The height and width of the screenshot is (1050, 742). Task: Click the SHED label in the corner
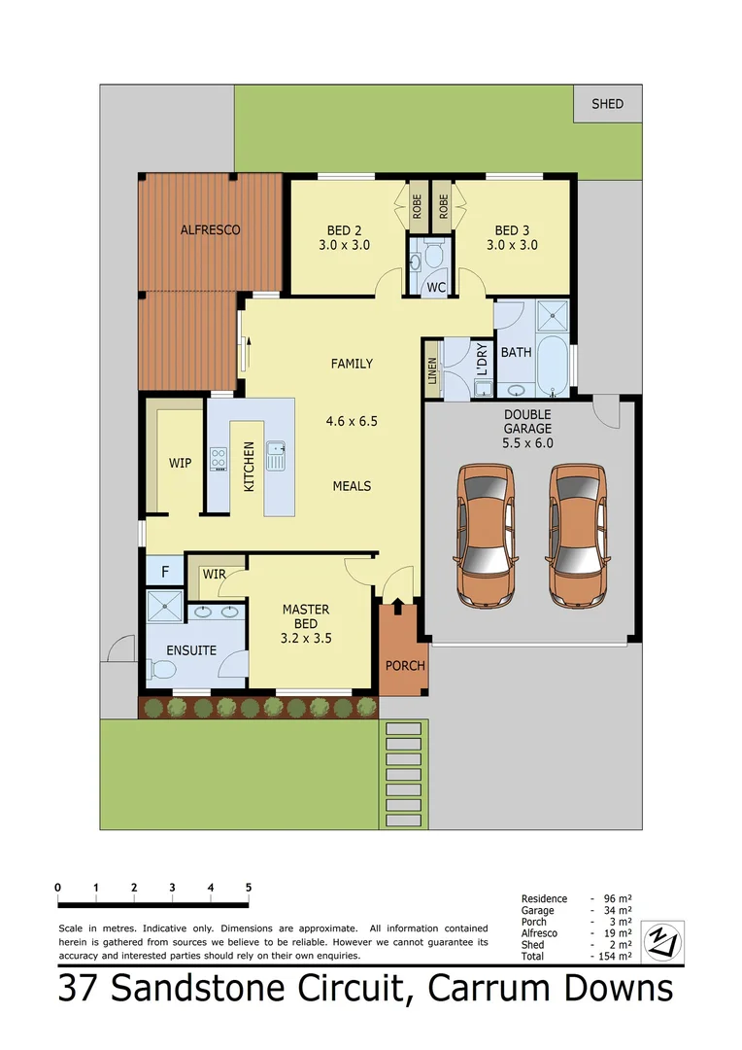607,104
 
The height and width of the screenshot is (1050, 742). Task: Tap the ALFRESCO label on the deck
210,230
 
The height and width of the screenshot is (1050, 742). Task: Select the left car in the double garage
485,536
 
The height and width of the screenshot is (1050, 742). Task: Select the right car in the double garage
579,536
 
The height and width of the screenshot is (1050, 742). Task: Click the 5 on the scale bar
249,888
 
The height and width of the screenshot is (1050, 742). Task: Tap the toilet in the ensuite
161,670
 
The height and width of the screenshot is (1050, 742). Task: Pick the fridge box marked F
165,572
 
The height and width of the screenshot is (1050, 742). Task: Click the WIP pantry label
181,463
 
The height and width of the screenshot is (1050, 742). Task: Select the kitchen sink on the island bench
276,454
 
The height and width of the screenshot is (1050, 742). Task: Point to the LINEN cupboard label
432,370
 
